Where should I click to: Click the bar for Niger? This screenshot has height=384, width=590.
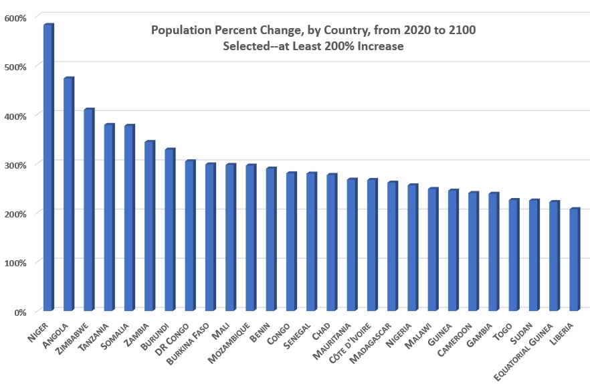48,167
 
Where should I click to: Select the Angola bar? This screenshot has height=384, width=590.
68,194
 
